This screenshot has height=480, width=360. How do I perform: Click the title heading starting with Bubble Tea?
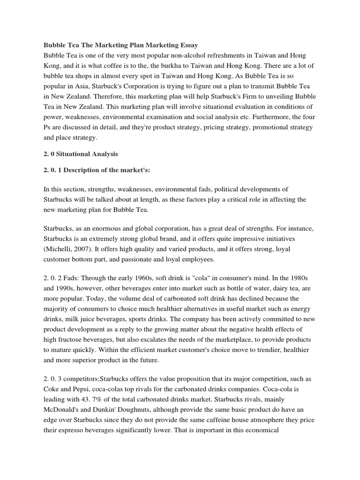[121, 45]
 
